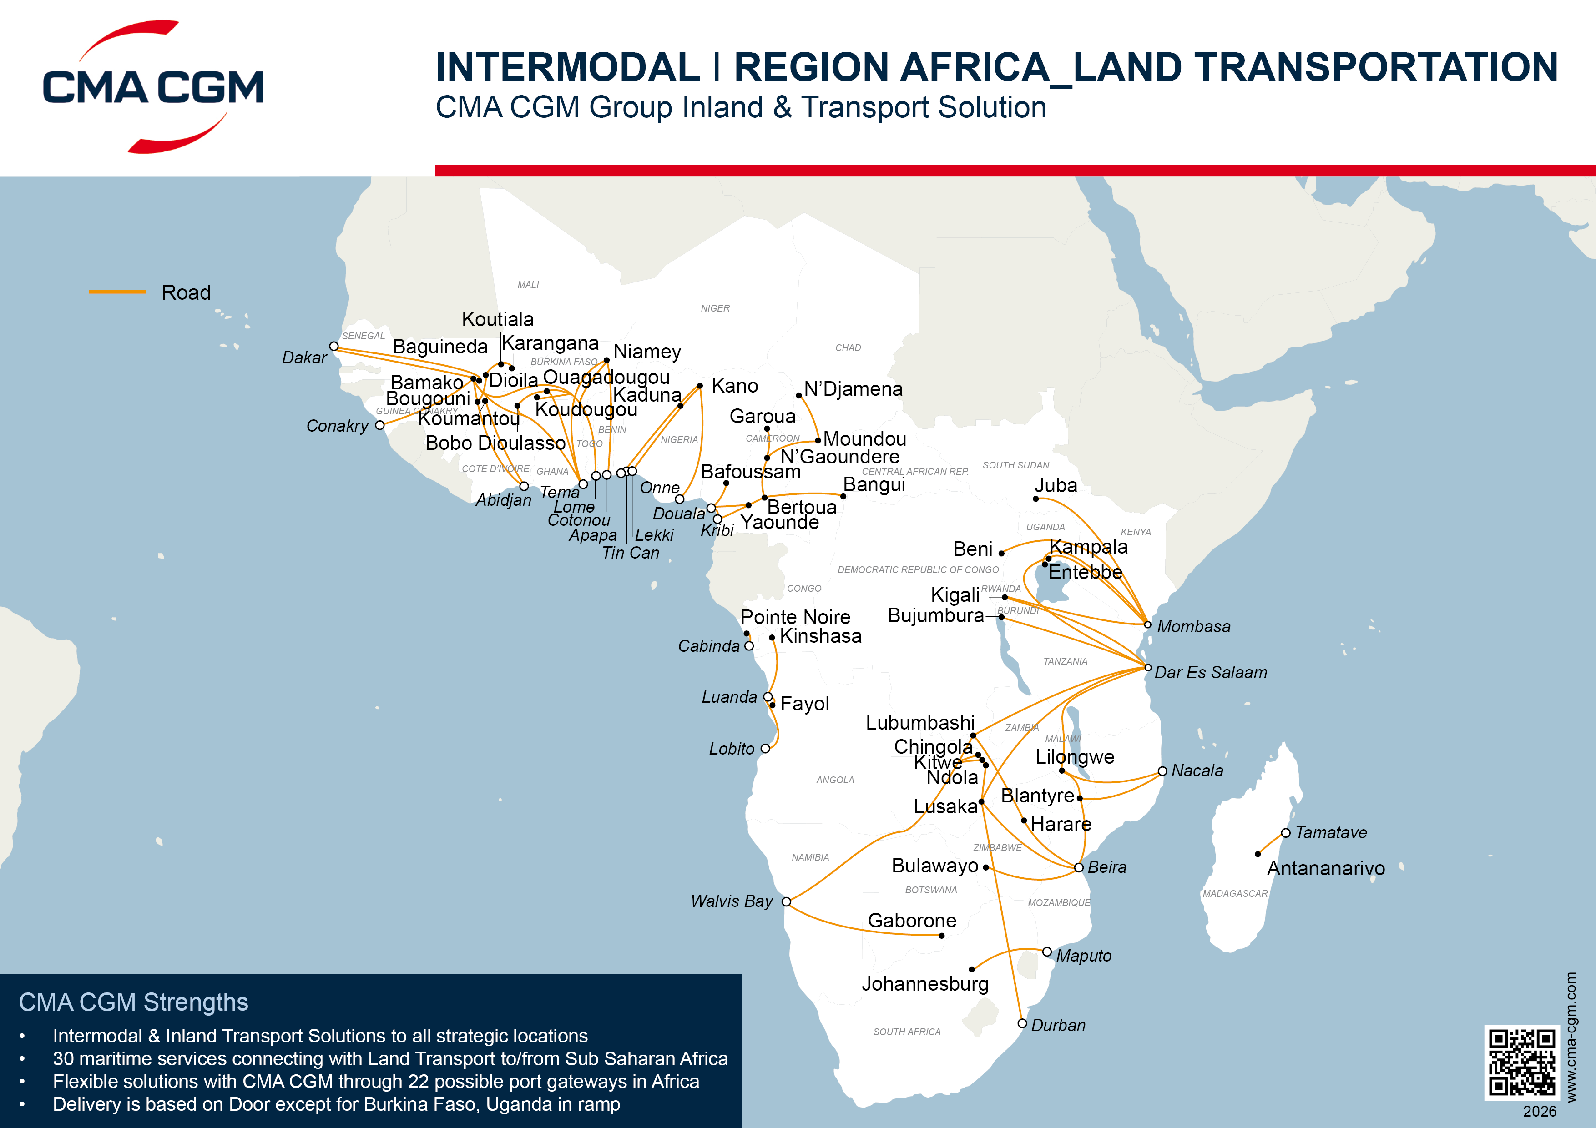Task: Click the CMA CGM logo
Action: pyautogui.click(x=153, y=87)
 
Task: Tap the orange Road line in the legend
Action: pyautogui.click(x=117, y=292)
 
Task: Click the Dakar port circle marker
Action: pyautogui.click(x=333, y=346)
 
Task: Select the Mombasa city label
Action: pyautogui.click(x=1193, y=626)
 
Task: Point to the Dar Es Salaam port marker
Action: pyautogui.click(x=1148, y=667)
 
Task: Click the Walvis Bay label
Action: pyautogui.click(x=731, y=901)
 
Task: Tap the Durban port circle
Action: pyautogui.click(x=1022, y=1023)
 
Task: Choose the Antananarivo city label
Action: pyautogui.click(x=1326, y=868)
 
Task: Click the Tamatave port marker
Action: pyautogui.click(x=1285, y=833)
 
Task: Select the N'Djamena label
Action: pyautogui.click(x=853, y=389)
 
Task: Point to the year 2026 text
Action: pyautogui.click(x=1539, y=1111)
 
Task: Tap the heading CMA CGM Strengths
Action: pyautogui.click(x=133, y=1002)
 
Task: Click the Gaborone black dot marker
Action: pyautogui.click(x=941, y=936)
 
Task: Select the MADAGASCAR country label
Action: pyautogui.click(x=1235, y=894)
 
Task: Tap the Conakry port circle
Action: pyautogui.click(x=379, y=425)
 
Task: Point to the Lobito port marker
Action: pyautogui.click(x=765, y=749)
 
